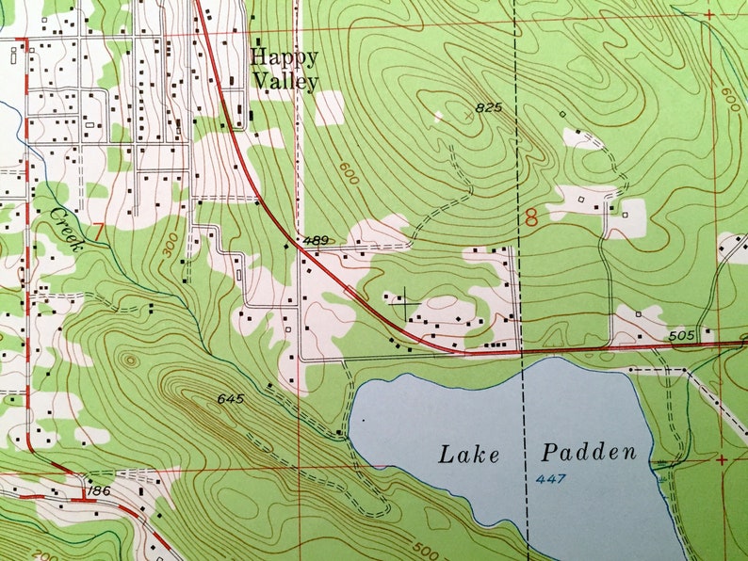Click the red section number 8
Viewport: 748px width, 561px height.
(x=531, y=218)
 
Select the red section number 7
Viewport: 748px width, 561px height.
(x=98, y=231)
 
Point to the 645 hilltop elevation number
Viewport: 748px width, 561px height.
(x=230, y=399)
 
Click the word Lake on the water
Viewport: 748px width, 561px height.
(x=467, y=454)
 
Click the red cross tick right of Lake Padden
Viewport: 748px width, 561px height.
(x=722, y=459)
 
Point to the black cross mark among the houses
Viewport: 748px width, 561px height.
(x=404, y=304)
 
